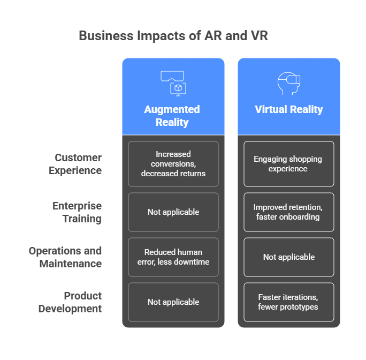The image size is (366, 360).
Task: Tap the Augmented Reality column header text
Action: [x=172, y=116]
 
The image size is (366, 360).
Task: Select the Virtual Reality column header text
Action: [x=289, y=110]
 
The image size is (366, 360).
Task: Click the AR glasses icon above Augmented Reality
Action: [x=172, y=82]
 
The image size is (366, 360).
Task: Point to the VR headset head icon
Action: [x=289, y=84]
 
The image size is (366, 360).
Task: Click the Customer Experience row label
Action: [x=75, y=164]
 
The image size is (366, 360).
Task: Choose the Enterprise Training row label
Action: [x=77, y=212]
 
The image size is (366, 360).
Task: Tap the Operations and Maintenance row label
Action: [x=65, y=257]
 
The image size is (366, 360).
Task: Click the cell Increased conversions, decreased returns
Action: [x=173, y=164]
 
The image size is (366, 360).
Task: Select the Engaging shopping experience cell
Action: [x=289, y=164]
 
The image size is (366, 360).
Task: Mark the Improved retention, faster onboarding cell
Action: [x=289, y=212]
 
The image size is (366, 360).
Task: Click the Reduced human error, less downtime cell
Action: [x=173, y=257]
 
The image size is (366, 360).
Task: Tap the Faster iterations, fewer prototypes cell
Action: [x=289, y=302]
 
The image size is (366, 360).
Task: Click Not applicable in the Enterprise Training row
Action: [x=173, y=212]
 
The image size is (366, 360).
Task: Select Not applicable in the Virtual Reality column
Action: [x=289, y=257]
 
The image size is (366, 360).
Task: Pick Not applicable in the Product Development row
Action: [x=173, y=302]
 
